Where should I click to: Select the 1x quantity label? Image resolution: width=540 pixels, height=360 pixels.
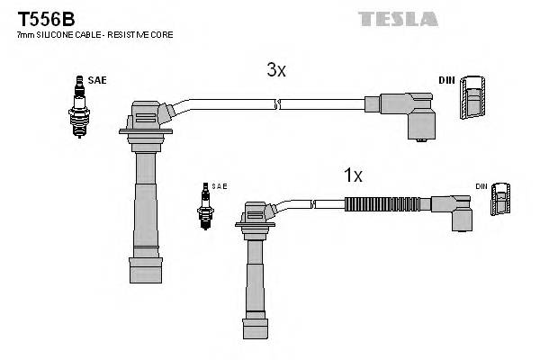(354, 176)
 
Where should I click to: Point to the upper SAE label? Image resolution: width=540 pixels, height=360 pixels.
(97, 80)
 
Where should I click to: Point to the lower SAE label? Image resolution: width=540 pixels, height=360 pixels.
(220, 186)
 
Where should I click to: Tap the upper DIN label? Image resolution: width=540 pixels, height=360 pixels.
(446, 80)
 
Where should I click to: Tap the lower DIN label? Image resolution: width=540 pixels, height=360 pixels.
(482, 186)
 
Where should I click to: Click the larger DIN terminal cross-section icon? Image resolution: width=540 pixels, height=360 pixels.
(474, 99)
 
